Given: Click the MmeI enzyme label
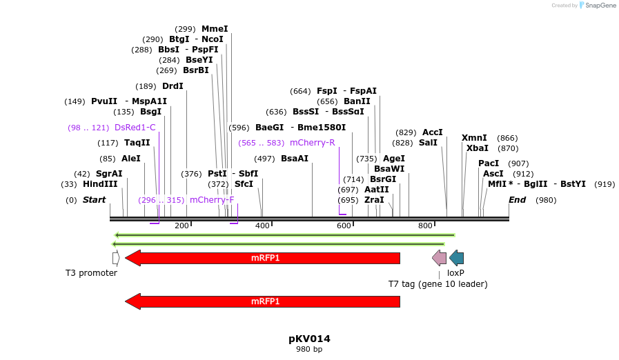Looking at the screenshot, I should (214, 29).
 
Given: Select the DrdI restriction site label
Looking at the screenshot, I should (173, 86).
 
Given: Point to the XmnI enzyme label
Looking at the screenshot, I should (474, 138).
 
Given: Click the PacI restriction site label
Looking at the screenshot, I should (489, 163).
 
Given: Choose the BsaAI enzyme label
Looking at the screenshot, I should (295, 159).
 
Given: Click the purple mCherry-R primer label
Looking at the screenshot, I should (312, 143).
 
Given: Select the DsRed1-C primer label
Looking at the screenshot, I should (135, 128).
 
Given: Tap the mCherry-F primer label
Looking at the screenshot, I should (212, 200).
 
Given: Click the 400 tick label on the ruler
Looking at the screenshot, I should (262, 226).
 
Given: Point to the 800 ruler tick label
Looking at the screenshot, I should (425, 226).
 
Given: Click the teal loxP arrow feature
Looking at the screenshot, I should (456, 258).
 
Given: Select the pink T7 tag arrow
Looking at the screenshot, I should (439, 258).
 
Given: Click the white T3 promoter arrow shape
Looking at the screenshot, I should (116, 258).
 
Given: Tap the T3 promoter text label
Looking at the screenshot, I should (91, 272).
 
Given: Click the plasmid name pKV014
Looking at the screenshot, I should (309, 339).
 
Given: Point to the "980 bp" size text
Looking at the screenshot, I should (309, 349).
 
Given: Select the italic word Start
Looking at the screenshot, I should (94, 200).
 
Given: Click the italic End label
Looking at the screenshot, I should (517, 200).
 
